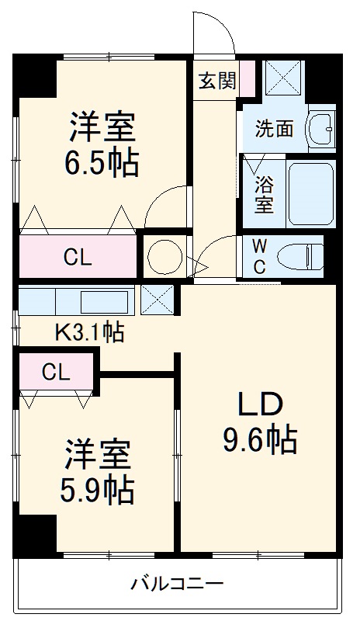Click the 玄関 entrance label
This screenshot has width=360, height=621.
[216, 80]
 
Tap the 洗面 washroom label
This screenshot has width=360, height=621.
[275, 128]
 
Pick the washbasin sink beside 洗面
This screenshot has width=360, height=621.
[320, 128]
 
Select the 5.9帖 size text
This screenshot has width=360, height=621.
[97, 489]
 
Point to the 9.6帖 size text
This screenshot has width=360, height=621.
[260, 441]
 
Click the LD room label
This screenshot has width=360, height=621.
[260, 404]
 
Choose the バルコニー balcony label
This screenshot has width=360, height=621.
[177, 584]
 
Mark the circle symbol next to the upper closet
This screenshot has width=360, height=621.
[164, 256]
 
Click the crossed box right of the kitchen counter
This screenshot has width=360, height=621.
[157, 299]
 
